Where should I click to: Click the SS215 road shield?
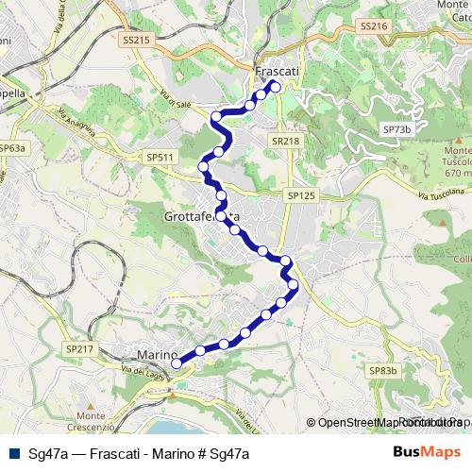pyautogui.click(x=137, y=41)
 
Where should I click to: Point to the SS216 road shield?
pyautogui.click(x=374, y=26)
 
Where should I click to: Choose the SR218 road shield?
pyautogui.click(x=284, y=141)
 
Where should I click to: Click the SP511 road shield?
pyautogui.click(x=160, y=157)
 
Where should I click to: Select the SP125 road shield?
pyautogui.click(x=299, y=195)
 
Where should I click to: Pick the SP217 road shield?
pyautogui.click(x=80, y=348)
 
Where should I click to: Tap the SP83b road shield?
pyautogui.click(x=383, y=371)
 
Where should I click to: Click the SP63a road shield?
pyautogui.click(x=12, y=148)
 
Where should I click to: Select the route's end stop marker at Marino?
pyautogui.click(x=177, y=363)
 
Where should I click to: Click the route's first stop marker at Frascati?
pyautogui.click(x=276, y=86)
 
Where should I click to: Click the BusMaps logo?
pyautogui.click(x=428, y=452)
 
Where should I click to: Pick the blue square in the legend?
pyautogui.click(x=14, y=453)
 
